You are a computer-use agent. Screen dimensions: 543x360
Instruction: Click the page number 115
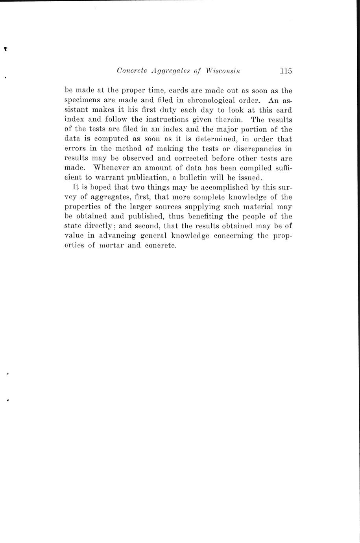click(x=286, y=71)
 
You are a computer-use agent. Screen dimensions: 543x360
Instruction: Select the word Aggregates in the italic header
click(x=173, y=71)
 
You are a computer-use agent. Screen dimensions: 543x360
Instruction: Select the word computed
click(x=112, y=139)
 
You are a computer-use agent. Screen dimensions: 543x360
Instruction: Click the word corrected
click(x=186, y=158)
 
